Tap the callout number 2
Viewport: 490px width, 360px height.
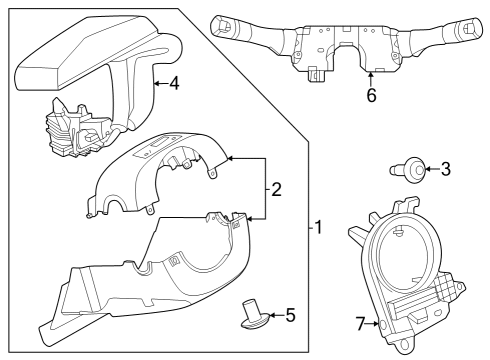[x=277, y=187]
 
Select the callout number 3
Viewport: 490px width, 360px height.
[x=446, y=168]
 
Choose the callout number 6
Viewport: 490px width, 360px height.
[x=371, y=96]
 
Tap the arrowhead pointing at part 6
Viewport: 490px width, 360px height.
[x=371, y=76]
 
